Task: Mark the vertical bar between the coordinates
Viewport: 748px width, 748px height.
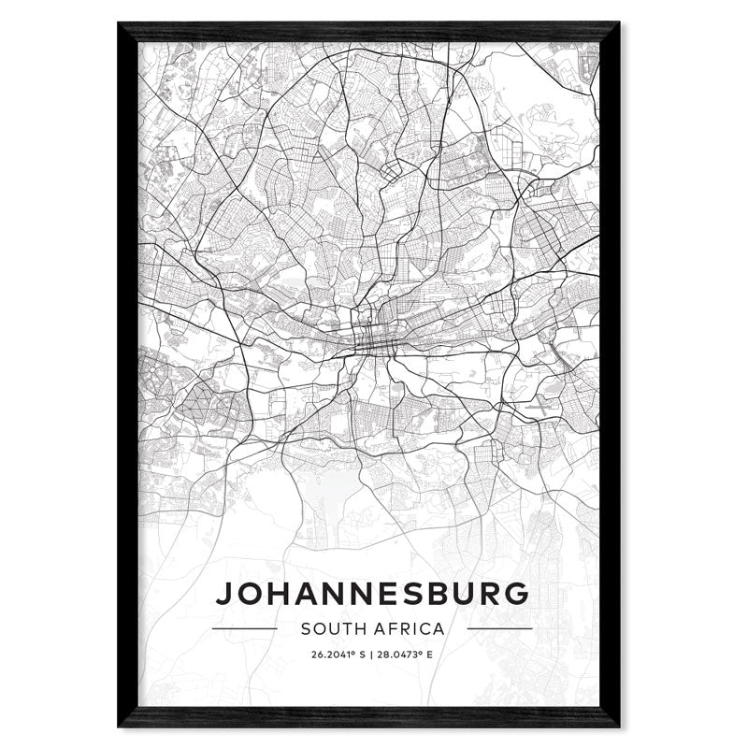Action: tap(371, 654)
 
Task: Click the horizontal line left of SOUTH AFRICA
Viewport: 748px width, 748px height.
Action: tap(245, 628)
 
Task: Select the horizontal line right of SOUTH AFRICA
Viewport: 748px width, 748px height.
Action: tap(499, 628)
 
